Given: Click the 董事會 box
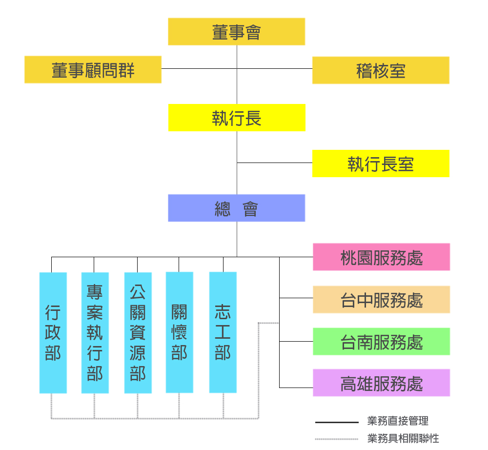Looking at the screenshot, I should tap(236, 32).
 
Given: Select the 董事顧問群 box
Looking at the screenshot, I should tap(93, 70).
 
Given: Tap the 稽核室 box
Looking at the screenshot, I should tap(381, 70).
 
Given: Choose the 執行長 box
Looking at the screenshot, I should tap(237, 118).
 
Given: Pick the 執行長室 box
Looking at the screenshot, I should tap(381, 164).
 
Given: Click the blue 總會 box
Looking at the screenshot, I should tap(237, 208).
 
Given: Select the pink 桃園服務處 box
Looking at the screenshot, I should tap(381, 257).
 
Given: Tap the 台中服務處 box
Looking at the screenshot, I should tap(381, 300).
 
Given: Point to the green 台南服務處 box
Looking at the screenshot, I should tap(381, 342).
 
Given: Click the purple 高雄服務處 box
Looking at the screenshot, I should tap(381, 383).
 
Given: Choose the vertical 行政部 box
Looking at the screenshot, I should tap(53, 333).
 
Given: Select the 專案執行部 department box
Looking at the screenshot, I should tap(95, 333).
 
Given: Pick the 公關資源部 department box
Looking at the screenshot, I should tap(138, 333).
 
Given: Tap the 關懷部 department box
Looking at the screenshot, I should tap(179, 332).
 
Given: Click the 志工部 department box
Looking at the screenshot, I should tap(223, 332).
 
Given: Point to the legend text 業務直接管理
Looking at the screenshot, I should tap(398, 421).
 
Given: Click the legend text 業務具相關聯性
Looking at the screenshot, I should tap(403, 438).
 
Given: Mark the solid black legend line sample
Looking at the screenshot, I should tap(337, 422).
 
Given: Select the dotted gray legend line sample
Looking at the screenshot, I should tap(337, 439).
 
